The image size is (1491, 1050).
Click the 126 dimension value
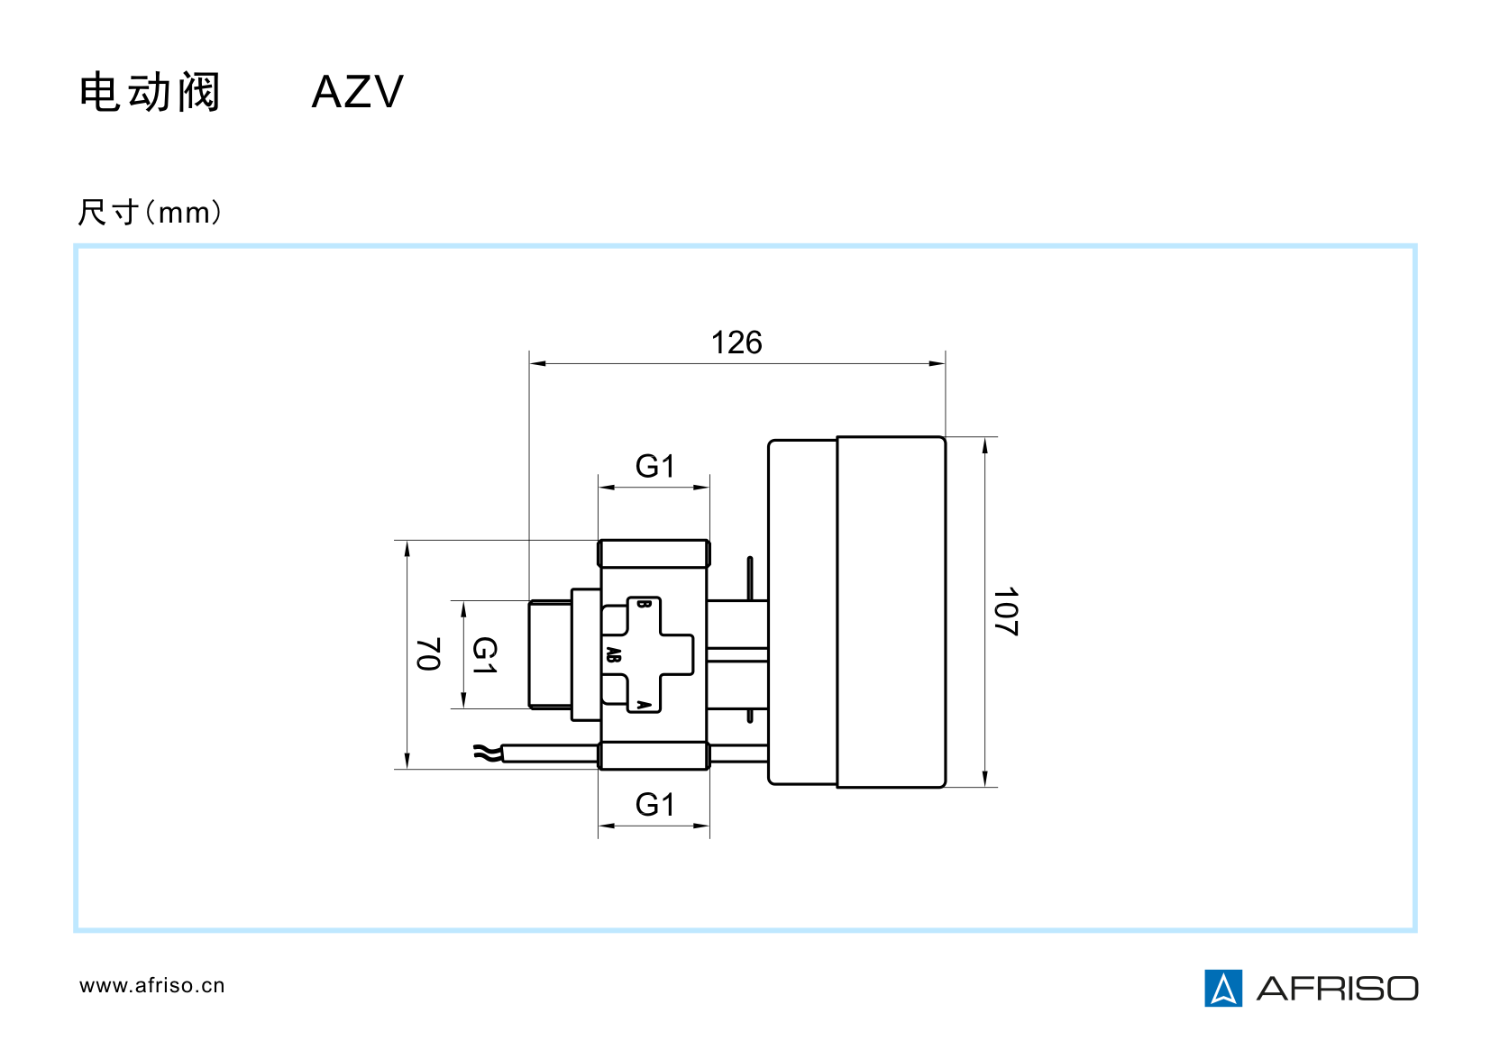click(736, 343)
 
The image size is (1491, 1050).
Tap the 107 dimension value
click(1005, 612)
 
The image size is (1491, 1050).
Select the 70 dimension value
click(428, 654)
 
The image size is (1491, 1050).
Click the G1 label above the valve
click(654, 467)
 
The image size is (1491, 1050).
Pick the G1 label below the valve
click(654, 805)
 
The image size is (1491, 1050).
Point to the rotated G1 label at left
click(485, 655)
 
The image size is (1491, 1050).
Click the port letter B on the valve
click(643, 604)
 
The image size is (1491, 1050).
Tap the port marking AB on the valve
click(614, 655)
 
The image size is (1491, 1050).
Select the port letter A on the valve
click(643, 704)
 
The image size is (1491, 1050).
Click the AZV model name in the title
click(357, 92)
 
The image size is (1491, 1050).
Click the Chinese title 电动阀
click(150, 93)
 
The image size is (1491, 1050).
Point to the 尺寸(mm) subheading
click(150, 213)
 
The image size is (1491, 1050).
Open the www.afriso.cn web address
click(151, 986)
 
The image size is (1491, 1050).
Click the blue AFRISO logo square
click(1223, 988)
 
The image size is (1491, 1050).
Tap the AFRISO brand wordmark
click(1338, 989)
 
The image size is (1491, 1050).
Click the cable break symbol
click(486, 753)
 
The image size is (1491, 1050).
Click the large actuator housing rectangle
click(891, 612)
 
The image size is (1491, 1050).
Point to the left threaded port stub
click(550, 654)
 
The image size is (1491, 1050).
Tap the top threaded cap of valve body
click(654, 553)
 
